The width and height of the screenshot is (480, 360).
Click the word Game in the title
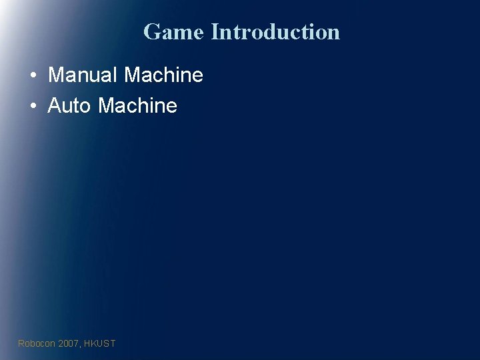click(x=173, y=31)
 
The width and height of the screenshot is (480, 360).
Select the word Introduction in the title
click(x=275, y=31)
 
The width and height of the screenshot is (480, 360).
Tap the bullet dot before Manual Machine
click(x=33, y=75)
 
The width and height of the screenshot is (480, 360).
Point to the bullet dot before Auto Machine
click(x=33, y=106)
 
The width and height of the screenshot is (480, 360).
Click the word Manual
click(x=83, y=75)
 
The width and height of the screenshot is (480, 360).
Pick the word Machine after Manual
click(x=163, y=75)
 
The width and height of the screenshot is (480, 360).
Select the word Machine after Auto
click(x=137, y=105)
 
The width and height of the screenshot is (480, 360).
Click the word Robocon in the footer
click(x=37, y=343)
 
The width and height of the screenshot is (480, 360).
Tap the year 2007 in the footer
click(x=69, y=343)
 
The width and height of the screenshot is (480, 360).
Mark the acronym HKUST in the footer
click(x=100, y=343)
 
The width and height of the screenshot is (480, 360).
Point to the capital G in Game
click(x=152, y=31)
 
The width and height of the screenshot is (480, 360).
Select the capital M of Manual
click(x=56, y=75)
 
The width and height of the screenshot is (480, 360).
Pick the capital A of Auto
click(x=55, y=105)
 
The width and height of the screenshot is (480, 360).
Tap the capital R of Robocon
click(x=21, y=343)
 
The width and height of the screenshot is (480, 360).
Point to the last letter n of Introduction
click(x=333, y=33)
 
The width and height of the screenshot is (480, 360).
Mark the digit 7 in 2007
click(x=76, y=343)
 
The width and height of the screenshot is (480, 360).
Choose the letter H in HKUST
click(x=87, y=343)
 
